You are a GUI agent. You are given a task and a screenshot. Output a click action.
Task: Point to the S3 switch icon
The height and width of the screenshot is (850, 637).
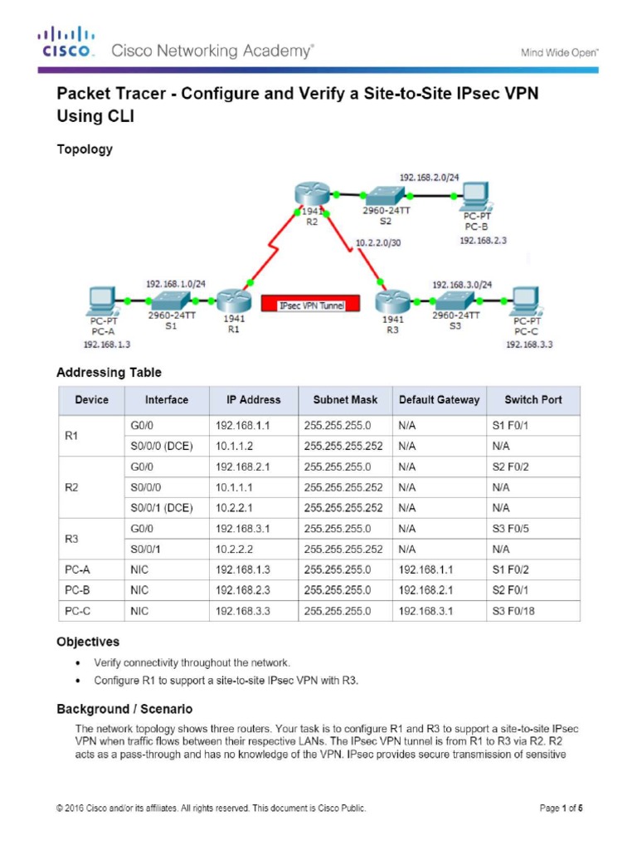coord(454,300)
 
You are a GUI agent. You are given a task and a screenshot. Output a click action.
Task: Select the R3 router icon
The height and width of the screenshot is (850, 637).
coord(392,301)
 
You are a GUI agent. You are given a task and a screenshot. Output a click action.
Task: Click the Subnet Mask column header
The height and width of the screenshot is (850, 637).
coord(345,399)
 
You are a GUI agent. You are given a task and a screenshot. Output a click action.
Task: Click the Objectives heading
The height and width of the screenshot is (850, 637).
coord(88,642)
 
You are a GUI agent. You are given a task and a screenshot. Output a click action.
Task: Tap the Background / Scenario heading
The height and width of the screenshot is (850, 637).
coord(124,709)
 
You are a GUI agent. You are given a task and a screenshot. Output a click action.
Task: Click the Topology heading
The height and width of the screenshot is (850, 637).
coord(84,150)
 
